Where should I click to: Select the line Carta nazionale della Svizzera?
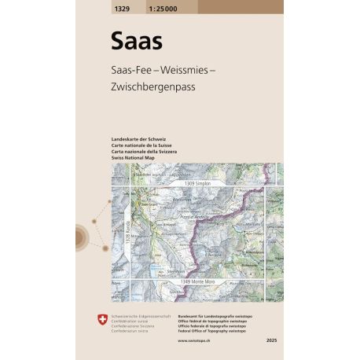(x=133, y=152)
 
